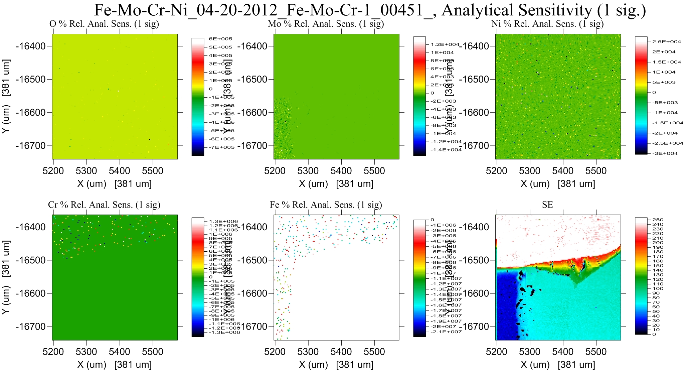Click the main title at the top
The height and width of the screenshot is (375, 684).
click(x=370, y=10)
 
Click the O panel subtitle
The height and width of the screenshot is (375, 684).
click(x=104, y=24)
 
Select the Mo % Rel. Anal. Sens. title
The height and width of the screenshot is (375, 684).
click(x=326, y=24)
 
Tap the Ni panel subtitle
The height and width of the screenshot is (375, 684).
click(x=547, y=24)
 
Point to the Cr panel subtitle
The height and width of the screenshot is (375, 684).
click(x=104, y=205)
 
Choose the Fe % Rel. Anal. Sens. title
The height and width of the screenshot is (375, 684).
click(x=326, y=205)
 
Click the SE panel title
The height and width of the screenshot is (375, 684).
click(x=547, y=205)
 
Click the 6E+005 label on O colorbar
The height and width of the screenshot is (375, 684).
click(x=220, y=39)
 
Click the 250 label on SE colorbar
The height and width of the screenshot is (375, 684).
click(x=658, y=220)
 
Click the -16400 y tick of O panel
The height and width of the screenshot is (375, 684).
click(x=31, y=46)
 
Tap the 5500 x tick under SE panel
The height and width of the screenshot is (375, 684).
click(x=596, y=352)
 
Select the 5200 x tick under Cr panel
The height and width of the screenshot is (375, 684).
click(x=53, y=352)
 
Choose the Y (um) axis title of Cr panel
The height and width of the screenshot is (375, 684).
click(x=6, y=277)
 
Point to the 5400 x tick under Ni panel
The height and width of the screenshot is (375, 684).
click(x=563, y=171)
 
